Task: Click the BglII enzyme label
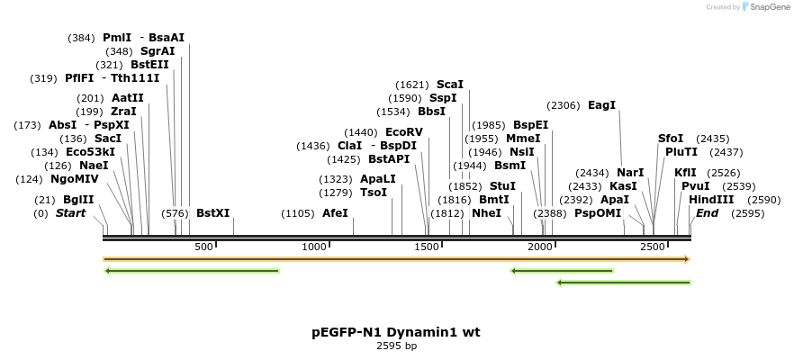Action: click(78, 200)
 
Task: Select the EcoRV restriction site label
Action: click(403, 132)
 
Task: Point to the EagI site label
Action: click(601, 105)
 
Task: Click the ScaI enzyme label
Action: click(450, 84)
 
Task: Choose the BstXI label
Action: click(213, 213)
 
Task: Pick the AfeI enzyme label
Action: click(335, 213)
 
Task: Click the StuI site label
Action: click(502, 186)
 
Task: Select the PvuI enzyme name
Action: click(696, 186)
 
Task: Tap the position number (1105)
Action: click(298, 213)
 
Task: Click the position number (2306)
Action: click(564, 105)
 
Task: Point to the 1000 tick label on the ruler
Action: click(314, 247)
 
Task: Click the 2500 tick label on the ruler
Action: click(652, 247)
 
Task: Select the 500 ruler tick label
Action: click(203, 247)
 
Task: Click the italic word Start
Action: click(70, 213)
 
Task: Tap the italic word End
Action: click(708, 213)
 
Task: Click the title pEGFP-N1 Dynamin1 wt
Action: click(396, 332)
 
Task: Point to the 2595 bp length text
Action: click(396, 346)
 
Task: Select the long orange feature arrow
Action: click(396, 259)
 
